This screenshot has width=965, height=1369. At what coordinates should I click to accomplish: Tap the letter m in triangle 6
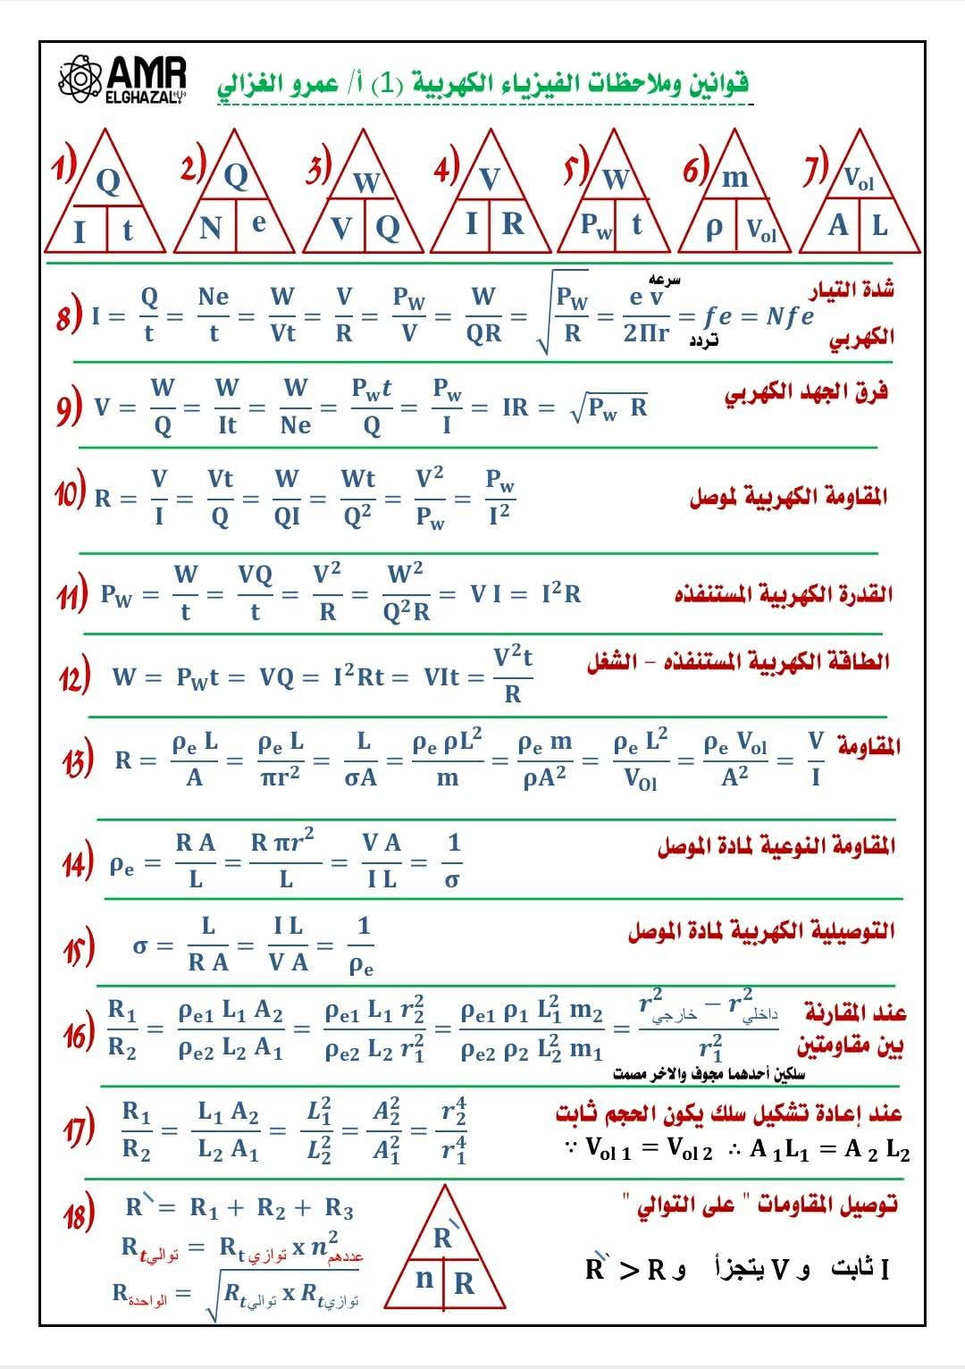(x=734, y=177)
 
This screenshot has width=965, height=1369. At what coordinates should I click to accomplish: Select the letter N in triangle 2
(x=210, y=228)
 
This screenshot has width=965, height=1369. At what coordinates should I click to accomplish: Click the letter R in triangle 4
(x=512, y=223)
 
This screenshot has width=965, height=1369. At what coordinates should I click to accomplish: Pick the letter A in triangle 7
(x=837, y=225)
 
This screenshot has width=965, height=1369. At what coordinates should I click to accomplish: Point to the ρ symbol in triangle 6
(x=713, y=228)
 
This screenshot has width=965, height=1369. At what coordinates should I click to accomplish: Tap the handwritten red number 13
(x=78, y=761)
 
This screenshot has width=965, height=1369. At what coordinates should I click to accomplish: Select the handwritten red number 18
(x=79, y=1215)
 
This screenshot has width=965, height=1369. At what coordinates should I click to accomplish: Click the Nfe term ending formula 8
(x=790, y=316)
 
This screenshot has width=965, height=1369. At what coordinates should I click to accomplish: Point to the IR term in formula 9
(x=516, y=407)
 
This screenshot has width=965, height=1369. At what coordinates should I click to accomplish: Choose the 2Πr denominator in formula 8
(x=646, y=334)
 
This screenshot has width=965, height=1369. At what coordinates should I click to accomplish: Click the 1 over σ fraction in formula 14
(x=453, y=861)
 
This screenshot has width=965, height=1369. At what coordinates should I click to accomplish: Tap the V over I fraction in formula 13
(x=815, y=760)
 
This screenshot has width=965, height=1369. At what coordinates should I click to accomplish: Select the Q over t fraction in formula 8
(x=149, y=315)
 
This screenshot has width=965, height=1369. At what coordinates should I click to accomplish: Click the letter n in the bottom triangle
(x=424, y=1278)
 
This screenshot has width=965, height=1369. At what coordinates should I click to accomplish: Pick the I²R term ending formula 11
(x=561, y=593)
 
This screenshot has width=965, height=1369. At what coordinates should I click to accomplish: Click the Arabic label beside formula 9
(x=806, y=392)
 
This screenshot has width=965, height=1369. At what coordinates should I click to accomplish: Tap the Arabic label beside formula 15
(x=760, y=931)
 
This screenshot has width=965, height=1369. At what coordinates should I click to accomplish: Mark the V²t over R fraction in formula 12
(x=513, y=676)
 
